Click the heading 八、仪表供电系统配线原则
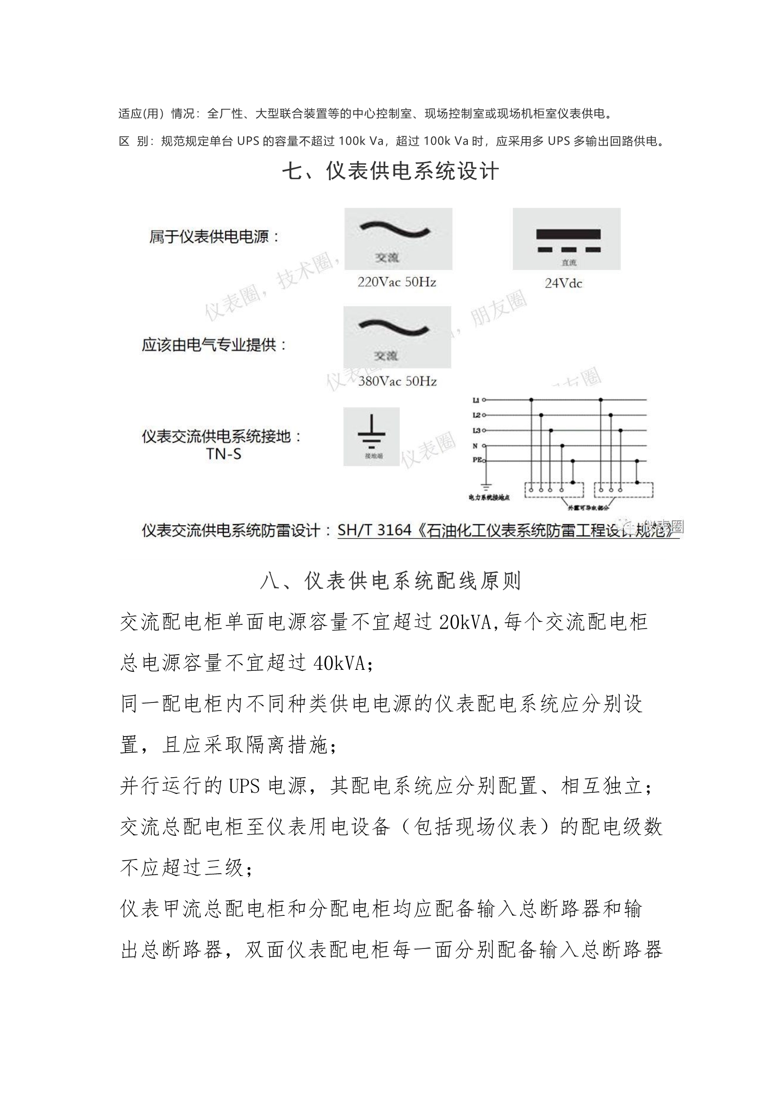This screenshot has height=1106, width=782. pyautogui.click(x=390, y=581)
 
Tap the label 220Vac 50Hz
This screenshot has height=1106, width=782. pyautogui.click(x=396, y=282)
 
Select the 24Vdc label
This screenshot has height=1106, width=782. pyautogui.click(x=563, y=283)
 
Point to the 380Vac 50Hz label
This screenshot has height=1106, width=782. pyautogui.click(x=397, y=381)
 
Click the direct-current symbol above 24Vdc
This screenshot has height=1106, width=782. pyautogui.click(x=568, y=240)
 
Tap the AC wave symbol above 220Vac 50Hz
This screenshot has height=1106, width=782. pyautogui.click(x=395, y=230)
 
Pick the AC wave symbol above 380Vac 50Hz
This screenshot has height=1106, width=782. pyautogui.click(x=394, y=328)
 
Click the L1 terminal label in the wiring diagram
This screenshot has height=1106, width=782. pyautogui.click(x=475, y=400)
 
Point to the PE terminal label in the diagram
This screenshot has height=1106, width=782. pyautogui.click(x=477, y=460)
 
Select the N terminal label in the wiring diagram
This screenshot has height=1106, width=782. pyautogui.click(x=475, y=446)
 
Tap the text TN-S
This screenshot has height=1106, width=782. pyautogui.click(x=224, y=454)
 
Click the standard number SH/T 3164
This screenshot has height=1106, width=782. pyautogui.click(x=374, y=530)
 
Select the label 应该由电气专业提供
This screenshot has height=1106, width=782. pyautogui.click(x=213, y=345)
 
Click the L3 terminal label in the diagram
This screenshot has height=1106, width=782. pyautogui.click(x=476, y=430)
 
